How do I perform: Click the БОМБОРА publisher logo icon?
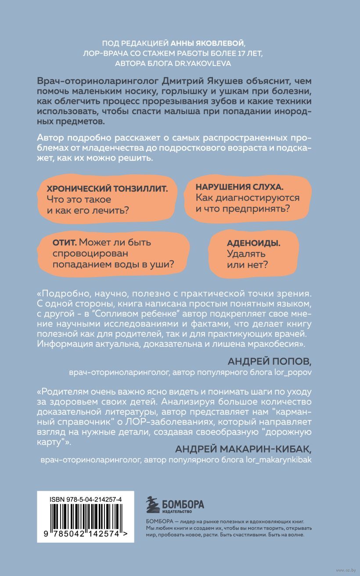[x=154, y=504]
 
